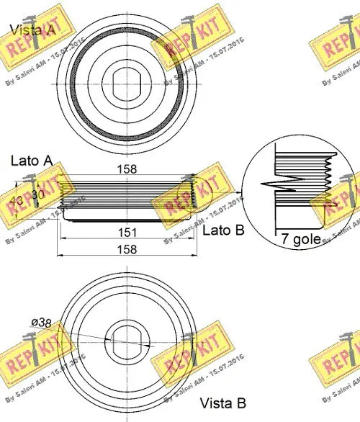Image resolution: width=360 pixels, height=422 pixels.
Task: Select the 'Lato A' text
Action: (30, 159)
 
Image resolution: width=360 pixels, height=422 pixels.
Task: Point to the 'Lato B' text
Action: (224, 230)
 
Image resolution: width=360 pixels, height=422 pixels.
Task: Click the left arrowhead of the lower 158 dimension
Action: (59, 256)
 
